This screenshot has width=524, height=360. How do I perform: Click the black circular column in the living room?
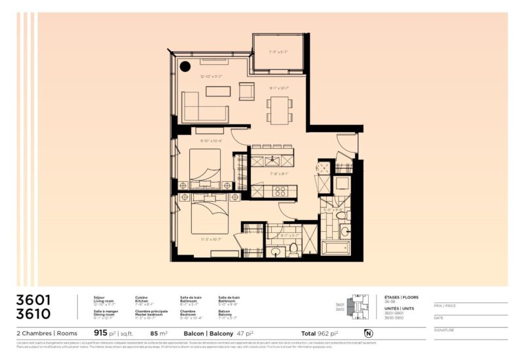tap(185, 65)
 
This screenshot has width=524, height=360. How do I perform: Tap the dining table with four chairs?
tap(279, 109)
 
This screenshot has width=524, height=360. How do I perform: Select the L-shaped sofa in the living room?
tap(203, 108)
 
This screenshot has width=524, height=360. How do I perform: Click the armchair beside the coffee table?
tap(246, 92)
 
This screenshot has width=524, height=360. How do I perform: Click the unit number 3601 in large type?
tap(33, 300)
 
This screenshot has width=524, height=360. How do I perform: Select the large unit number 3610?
tap(33, 314)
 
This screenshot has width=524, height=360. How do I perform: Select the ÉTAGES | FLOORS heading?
tap(401, 297)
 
